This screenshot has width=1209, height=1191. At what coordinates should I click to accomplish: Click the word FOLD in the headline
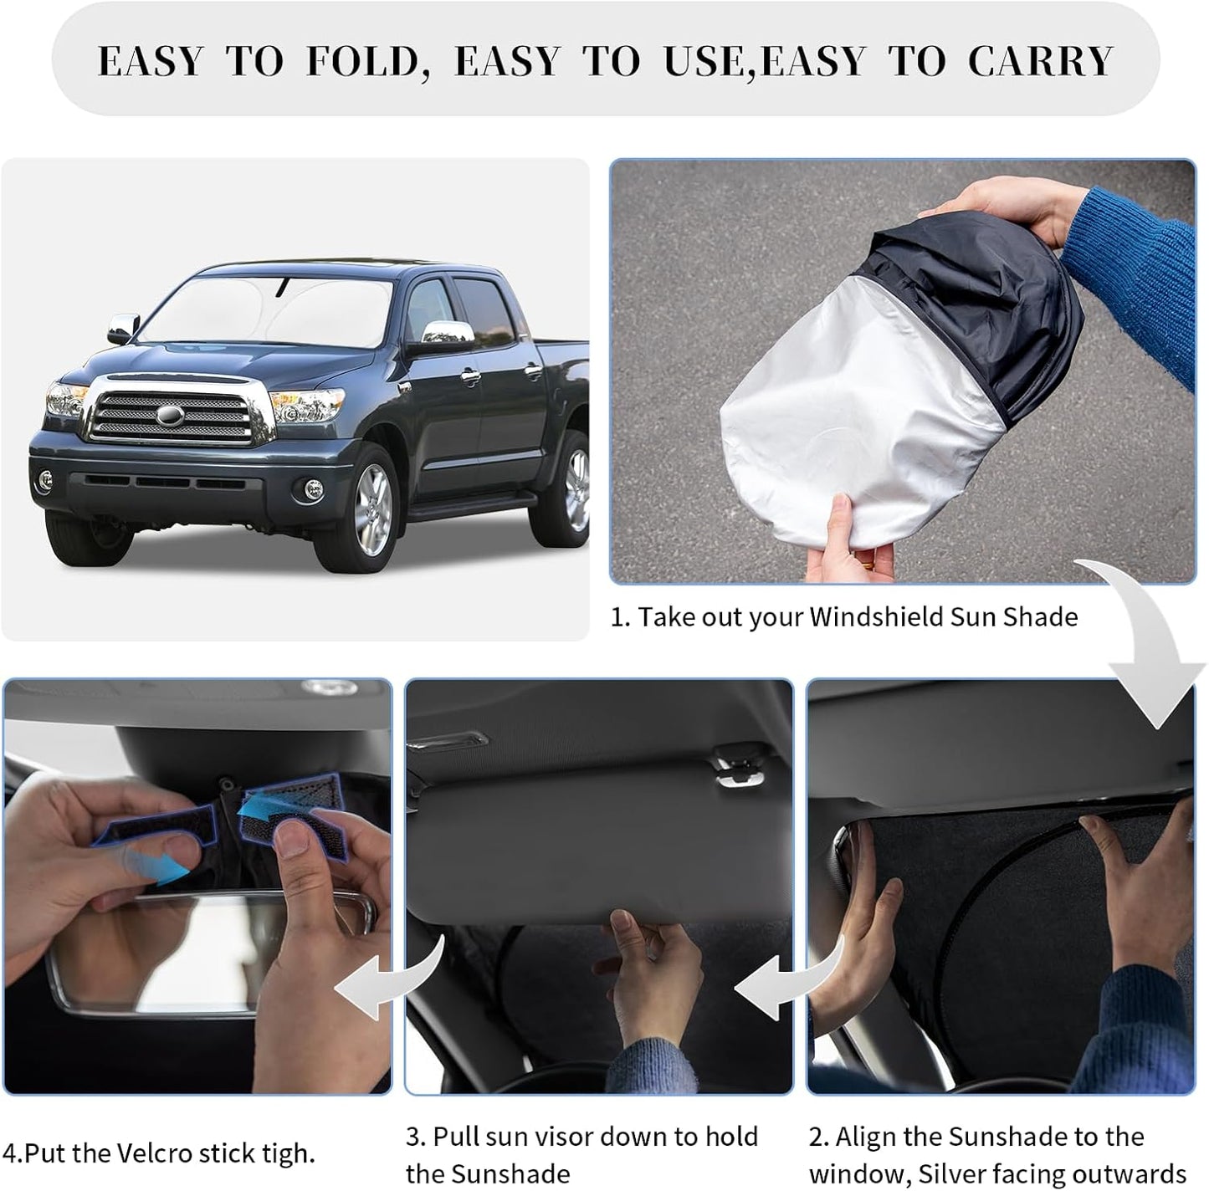click(361, 61)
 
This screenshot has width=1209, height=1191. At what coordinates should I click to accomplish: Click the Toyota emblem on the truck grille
click(172, 415)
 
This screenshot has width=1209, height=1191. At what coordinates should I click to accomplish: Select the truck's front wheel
click(371, 502)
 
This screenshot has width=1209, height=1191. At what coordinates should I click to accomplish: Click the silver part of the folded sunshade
click(853, 418)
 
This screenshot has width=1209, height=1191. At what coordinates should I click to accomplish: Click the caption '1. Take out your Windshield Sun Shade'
click(843, 617)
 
